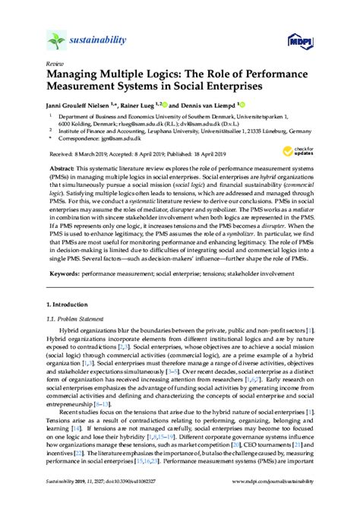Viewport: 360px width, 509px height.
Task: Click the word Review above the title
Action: pos(55,65)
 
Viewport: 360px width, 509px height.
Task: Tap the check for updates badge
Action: pos(302,151)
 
